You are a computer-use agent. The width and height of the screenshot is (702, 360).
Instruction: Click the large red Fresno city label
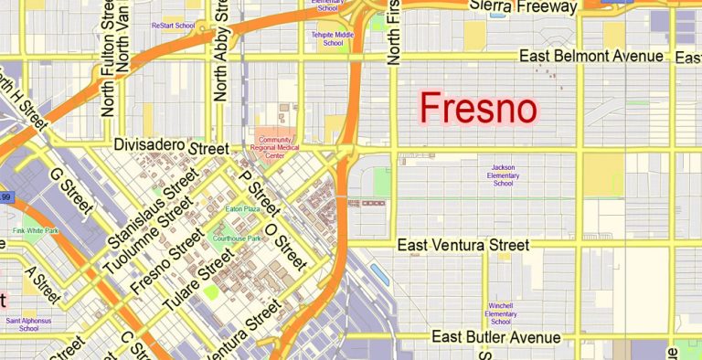[x=478, y=109]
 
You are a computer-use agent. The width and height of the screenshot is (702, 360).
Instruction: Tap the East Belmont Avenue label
[x=590, y=57]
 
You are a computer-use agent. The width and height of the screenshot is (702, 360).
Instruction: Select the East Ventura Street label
[x=463, y=245]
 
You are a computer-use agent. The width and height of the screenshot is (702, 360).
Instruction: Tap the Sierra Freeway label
[x=523, y=6]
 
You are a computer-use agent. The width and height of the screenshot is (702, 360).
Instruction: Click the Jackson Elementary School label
[x=503, y=175]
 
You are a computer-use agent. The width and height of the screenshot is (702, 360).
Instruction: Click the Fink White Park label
[x=35, y=231]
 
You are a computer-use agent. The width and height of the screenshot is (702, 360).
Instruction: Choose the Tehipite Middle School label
[x=332, y=38]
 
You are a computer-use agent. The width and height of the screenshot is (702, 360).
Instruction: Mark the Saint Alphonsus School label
[x=27, y=324]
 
